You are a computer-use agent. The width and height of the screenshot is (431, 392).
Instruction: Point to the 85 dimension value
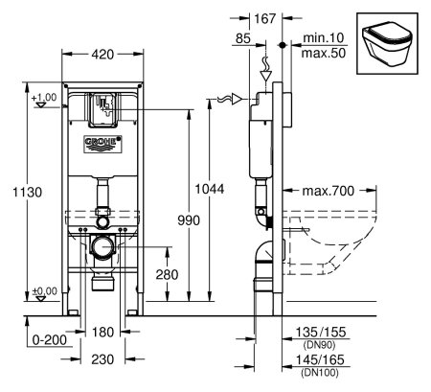coord(242,39)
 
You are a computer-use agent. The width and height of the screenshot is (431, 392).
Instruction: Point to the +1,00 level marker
coord(42,99)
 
